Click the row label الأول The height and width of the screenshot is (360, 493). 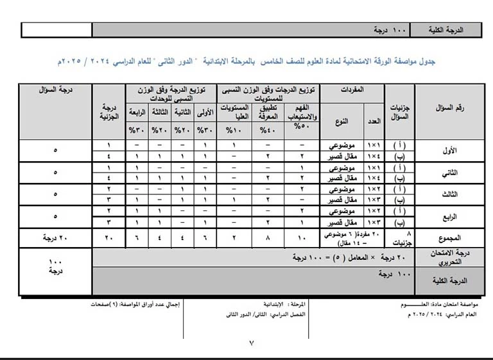[451, 151]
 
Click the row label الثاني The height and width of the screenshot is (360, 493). [451, 173]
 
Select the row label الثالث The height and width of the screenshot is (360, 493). [451, 194]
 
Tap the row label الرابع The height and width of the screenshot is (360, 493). [451, 216]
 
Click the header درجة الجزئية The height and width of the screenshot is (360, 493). [110, 112]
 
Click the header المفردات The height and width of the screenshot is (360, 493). [351, 90]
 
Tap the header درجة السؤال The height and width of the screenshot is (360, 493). [56, 90]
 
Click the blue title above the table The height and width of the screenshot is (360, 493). [246, 62]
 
